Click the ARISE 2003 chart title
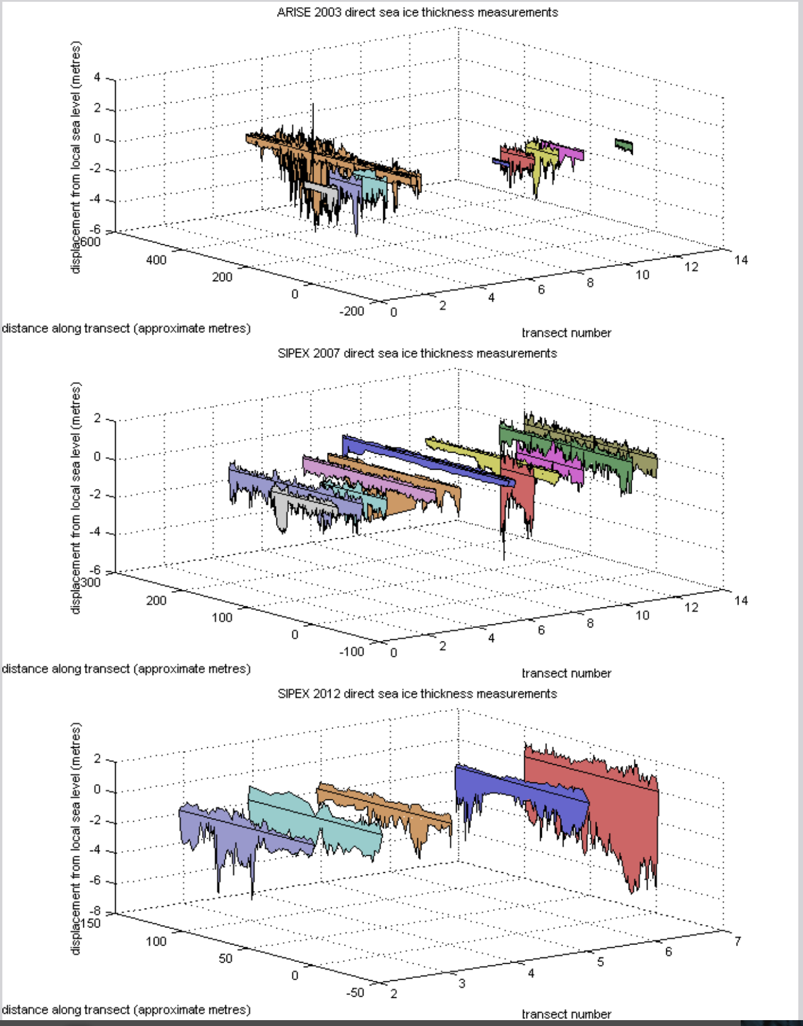[x=417, y=12]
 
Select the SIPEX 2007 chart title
[x=417, y=353]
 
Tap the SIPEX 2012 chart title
[x=417, y=694]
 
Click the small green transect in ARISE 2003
[x=624, y=144]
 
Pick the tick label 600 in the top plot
[x=90, y=241]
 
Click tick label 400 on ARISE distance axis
[x=156, y=260]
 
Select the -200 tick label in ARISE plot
[x=352, y=311]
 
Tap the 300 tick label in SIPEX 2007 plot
[x=90, y=582]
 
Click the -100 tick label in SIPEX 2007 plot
[x=352, y=652]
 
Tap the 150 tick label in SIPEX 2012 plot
[x=90, y=923]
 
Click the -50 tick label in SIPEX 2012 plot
[x=355, y=993]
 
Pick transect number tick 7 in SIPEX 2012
[x=737, y=941]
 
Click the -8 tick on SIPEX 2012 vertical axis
[x=95, y=912]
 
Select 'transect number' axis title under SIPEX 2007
[x=566, y=673]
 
